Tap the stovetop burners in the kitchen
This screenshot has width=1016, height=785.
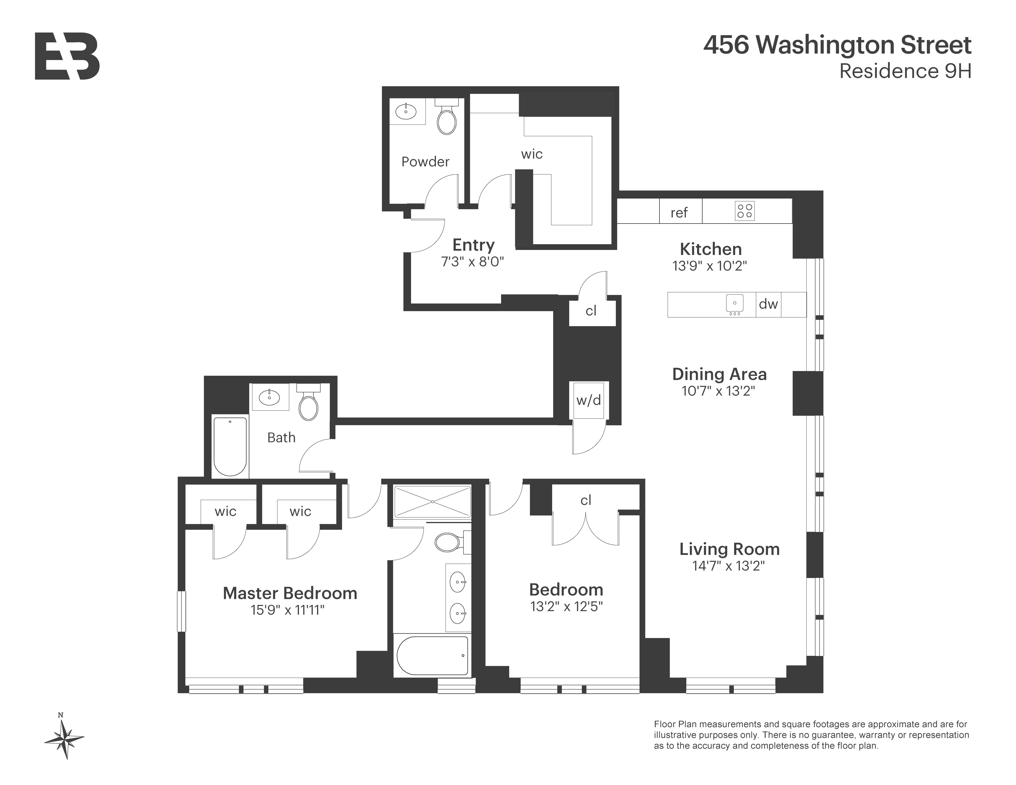tap(744, 211)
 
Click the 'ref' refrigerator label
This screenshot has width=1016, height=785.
tap(679, 213)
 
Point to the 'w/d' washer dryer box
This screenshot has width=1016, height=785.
tap(589, 400)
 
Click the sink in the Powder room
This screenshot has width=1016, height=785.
tap(406, 112)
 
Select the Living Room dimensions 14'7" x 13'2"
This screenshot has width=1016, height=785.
tap(728, 566)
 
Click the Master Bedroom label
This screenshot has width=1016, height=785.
tap(290, 593)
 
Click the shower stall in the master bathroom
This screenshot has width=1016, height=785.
tap(432, 502)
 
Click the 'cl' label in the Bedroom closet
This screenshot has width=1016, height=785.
tap(586, 500)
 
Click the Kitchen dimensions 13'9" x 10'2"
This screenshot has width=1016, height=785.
tap(709, 266)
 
